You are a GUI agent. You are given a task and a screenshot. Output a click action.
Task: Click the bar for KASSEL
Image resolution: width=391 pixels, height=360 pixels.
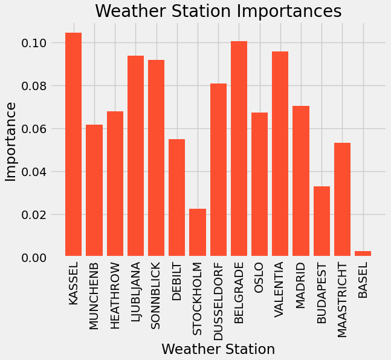(x=74, y=145)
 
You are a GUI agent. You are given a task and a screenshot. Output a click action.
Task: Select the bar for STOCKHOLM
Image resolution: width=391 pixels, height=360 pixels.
(x=198, y=233)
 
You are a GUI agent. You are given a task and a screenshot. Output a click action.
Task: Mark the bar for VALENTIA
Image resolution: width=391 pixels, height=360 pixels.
(x=280, y=154)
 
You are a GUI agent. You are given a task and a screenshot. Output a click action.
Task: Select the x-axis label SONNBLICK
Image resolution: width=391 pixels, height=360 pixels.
(x=156, y=296)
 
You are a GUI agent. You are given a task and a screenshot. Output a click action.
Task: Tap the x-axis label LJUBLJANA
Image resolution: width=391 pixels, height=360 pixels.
(x=135, y=296)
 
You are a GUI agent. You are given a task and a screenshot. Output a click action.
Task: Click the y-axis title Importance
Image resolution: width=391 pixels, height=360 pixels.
(x=11, y=142)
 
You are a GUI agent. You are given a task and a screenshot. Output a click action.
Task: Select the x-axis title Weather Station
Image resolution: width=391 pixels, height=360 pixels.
(x=218, y=349)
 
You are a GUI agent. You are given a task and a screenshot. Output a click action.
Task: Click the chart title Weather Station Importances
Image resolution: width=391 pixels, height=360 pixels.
(x=218, y=11)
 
